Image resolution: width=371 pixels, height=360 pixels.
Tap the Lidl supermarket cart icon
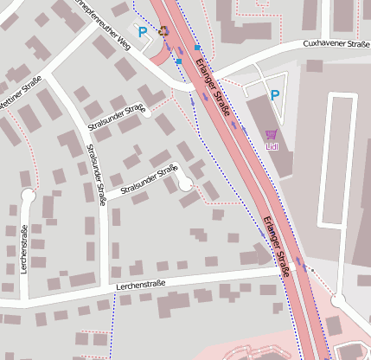click(x=272, y=134)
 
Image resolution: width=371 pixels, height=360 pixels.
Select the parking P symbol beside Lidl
click(x=275, y=95)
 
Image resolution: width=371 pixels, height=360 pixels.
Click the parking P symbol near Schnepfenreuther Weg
click(x=143, y=32)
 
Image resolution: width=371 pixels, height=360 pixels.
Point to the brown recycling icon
click(x=164, y=30)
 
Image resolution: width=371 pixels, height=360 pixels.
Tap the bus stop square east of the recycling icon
click(x=197, y=47)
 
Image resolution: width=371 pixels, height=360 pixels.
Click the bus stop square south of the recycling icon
click(x=178, y=61)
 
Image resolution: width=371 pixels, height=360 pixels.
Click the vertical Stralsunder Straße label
click(x=96, y=174)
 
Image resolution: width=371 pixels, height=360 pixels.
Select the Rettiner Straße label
click(x=19, y=91)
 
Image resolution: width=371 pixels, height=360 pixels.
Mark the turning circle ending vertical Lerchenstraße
click(x=27, y=195)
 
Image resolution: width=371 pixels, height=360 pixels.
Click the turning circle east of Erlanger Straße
click(x=338, y=301)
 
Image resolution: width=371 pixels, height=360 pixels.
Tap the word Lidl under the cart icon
click(x=272, y=146)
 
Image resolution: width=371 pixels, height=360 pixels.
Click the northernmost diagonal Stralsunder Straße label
click(x=116, y=119)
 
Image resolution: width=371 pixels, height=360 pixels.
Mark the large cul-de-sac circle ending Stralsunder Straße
click(x=184, y=183)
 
